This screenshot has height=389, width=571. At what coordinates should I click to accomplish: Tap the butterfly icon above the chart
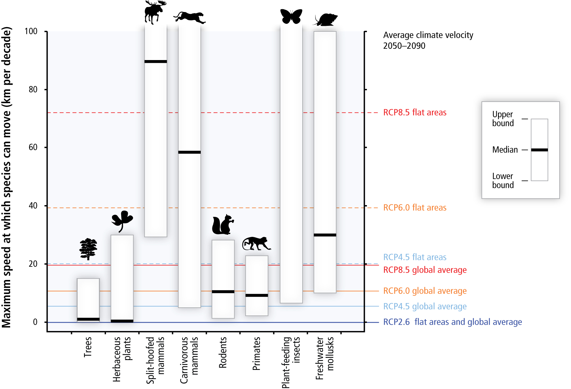coord(291,16)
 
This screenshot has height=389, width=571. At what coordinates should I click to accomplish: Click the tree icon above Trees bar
coord(88,249)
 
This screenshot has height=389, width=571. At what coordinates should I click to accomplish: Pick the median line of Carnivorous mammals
coord(189,152)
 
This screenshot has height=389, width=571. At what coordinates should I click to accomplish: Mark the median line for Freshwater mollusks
coord(325,235)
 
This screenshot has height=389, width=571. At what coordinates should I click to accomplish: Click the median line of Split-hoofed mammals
coord(155,62)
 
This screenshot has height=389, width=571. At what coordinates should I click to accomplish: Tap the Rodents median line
coord(223,292)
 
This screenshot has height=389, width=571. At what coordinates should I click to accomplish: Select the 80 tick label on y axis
coord(33,90)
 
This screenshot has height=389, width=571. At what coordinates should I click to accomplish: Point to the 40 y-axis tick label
coord(33,206)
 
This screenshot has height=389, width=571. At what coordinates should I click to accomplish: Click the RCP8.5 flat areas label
coord(415,113)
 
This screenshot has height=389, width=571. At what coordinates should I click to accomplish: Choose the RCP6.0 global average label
coord(425,291)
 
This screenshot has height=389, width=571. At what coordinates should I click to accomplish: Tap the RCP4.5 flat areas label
coord(415,257)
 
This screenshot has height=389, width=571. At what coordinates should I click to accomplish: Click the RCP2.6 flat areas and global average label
coord(452,322)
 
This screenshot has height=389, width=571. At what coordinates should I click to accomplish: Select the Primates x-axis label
coord(256,353)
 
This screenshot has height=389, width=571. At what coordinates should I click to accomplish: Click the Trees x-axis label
coord(88,347)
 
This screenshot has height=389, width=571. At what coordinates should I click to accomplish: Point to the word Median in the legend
coord(505,150)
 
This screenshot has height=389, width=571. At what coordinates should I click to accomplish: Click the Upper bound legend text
coord(503,119)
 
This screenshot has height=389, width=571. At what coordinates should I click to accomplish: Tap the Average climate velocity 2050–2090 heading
coord(428,40)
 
